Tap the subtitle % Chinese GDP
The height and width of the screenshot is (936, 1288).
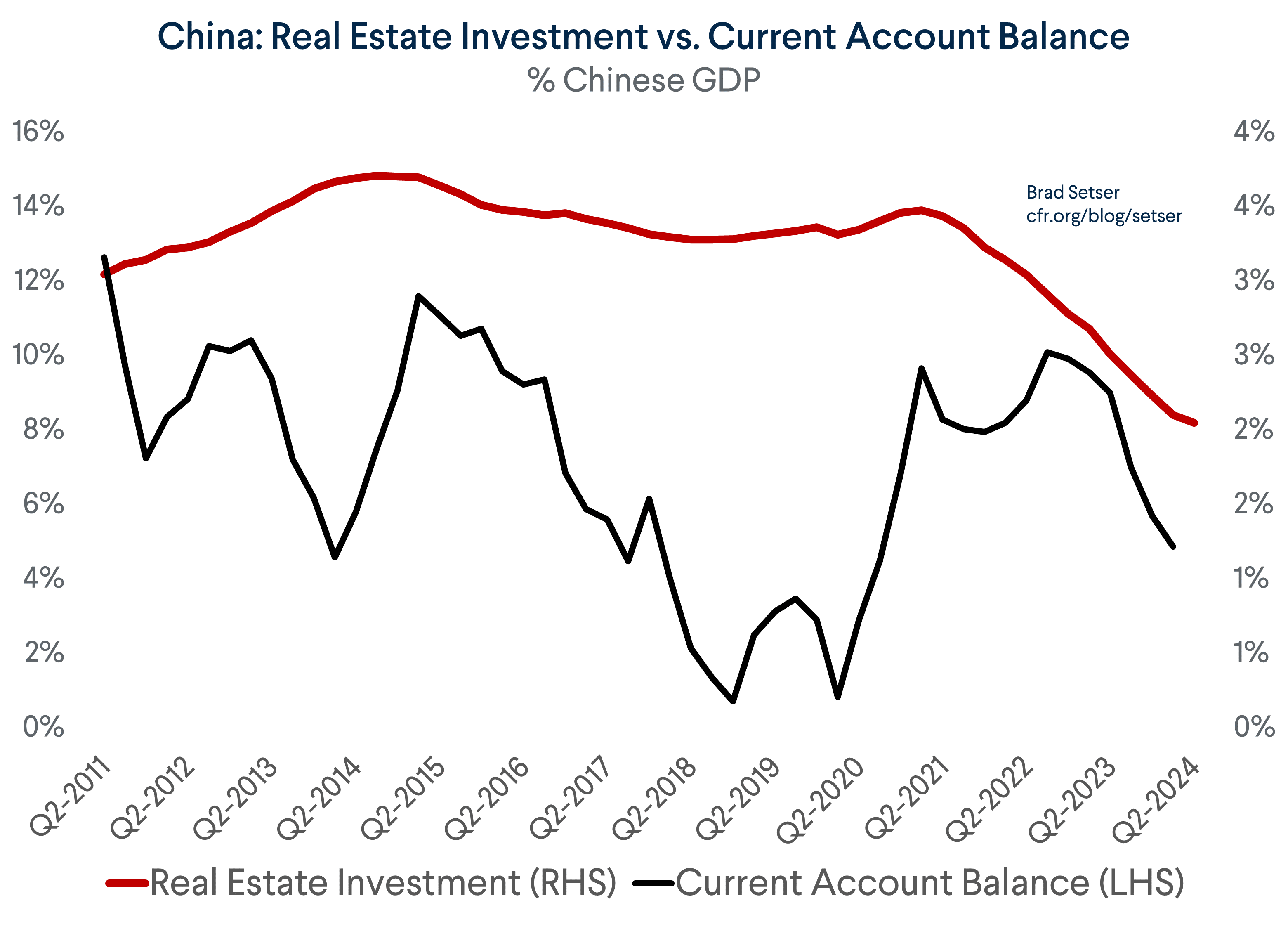(644, 80)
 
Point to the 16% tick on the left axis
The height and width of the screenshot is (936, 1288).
(38, 131)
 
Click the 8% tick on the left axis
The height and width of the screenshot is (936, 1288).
(43, 429)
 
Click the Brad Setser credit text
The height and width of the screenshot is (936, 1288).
(1072, 193)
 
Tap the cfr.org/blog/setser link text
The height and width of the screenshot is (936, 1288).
(1104, 216)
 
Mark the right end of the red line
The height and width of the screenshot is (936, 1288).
(1195, 423)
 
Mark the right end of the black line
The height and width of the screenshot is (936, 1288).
(1173, 546)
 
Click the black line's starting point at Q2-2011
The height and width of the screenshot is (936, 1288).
(104, 257)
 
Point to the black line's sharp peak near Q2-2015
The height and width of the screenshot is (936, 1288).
(419, 296)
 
